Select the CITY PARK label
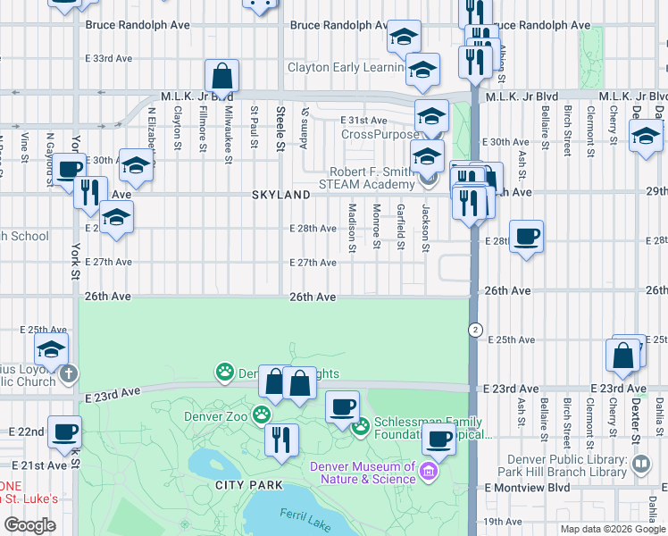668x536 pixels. click(249, 485)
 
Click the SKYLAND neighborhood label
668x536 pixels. click(280, 194)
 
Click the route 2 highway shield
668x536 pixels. click(477, 329)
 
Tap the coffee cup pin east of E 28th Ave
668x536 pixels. click(526, 236)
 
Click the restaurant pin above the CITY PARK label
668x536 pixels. click(281, 439)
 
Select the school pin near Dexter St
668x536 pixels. click(646, 136)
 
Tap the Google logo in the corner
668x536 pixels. click(29, 525)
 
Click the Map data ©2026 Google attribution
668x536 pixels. click(613, 529)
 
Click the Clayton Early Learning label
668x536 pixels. click(344, 67)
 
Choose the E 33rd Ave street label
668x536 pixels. click(109, 58)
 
